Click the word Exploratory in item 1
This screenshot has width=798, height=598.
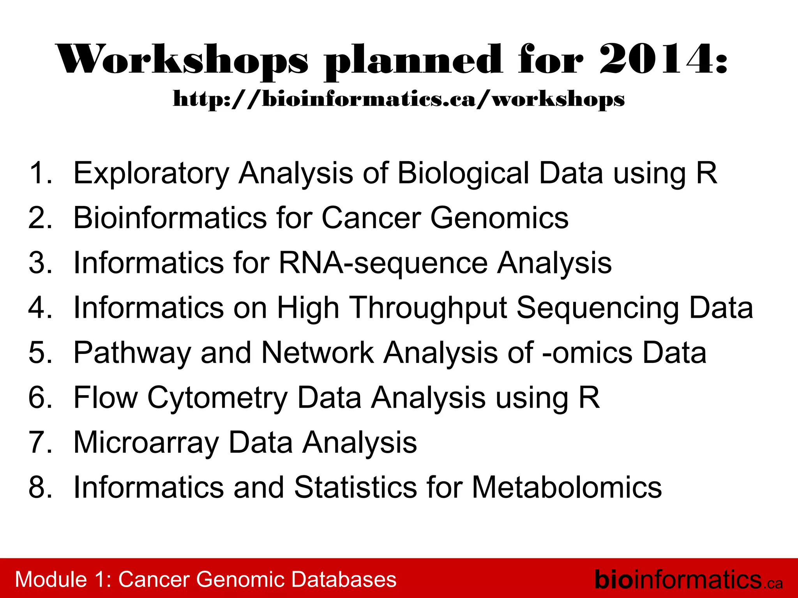(x=151, y=174)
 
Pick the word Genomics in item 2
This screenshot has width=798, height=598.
(x=499, y=218)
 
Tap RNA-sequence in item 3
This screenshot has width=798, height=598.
(x=383, y=263)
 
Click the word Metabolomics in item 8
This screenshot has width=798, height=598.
(x=567, y=487)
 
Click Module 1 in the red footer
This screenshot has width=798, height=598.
(x=62, y=579)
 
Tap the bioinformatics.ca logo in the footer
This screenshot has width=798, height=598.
(x=688, y=580)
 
